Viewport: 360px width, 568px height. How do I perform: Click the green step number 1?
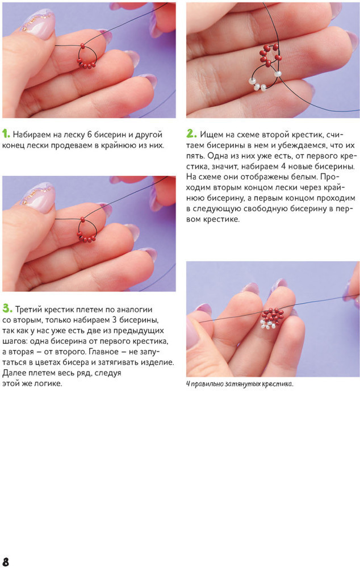click(x=6, y=134)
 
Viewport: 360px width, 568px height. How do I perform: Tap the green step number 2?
click(x=191, y=134)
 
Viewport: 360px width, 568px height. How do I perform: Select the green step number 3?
click(x=7, y=309)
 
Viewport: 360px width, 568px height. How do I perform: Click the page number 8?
click(x=6, y=561)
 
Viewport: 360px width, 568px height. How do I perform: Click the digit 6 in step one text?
click(x=89, y=135)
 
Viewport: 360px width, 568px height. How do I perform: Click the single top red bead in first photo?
click(x=83, y=45)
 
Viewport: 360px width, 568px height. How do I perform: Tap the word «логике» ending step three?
click(x=49, y=383)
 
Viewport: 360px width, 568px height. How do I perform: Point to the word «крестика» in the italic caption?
click(x=280, y=385)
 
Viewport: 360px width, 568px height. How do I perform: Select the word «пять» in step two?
click(x=196, y=156)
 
